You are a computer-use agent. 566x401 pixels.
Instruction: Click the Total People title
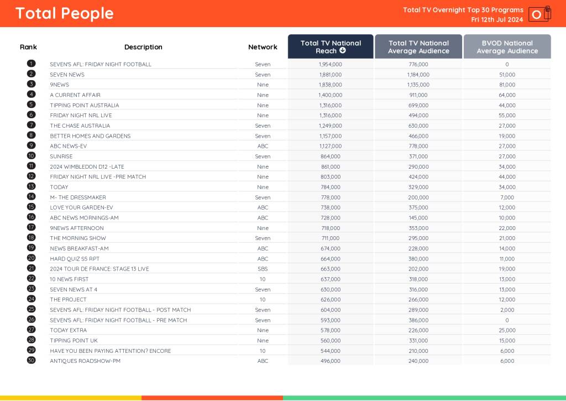tap(64, 13)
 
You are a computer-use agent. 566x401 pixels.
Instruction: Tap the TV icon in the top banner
tap(539, 14)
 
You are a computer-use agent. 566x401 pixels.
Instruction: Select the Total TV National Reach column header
tap(331, 46)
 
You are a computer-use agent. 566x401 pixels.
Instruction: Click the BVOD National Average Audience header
tap(507, 46)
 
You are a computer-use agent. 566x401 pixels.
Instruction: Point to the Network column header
tap(263, 47)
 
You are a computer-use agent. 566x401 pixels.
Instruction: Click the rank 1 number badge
tap(31, 64)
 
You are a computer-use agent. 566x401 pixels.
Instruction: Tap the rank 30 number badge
tap(31, 361)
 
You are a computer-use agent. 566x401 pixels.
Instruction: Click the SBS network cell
tap(263, 269)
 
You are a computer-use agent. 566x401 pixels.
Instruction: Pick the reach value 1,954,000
tap(331, 64)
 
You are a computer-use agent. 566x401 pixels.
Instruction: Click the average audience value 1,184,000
tap(418, 75)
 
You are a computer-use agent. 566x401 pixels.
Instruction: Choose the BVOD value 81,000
tap(507, 85)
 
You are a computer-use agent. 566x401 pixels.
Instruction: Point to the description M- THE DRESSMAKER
tap(78, 197)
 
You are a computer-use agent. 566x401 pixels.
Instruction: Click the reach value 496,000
tap(331, 361)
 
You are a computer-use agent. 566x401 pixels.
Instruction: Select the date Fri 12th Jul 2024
tap(497, 19)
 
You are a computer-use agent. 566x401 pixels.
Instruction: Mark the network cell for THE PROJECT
tap(263, 300)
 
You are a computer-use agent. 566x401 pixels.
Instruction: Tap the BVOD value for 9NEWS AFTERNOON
tap(507, 228)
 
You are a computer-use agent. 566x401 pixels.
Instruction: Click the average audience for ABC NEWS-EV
tap(418, 146)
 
